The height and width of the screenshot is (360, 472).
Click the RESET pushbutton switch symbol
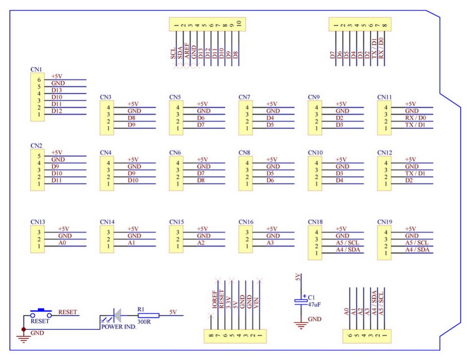[41, 312]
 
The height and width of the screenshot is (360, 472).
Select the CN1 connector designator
[36, 70]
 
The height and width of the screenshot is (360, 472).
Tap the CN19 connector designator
[385, 222]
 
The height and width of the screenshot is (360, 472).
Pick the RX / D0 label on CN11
[416, 118]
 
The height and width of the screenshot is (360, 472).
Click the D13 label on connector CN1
[57, 90]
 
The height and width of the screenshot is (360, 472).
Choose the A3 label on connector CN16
[271, 242]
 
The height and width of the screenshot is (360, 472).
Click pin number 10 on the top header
[239, 23]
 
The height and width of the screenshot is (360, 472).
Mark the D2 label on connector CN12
[409, 180]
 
